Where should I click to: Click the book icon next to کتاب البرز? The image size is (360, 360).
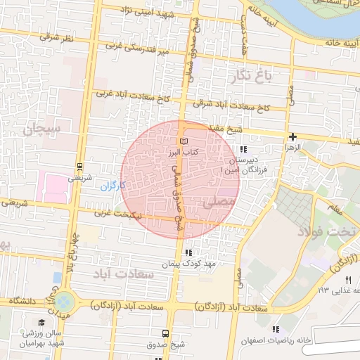click(184, 141)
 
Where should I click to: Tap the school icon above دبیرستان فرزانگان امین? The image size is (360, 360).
click(243, 149)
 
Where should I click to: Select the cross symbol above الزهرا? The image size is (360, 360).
click(292, 136)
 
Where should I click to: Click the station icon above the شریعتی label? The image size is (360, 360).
click(79, 167)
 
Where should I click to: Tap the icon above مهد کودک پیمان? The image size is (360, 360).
click(187, 252)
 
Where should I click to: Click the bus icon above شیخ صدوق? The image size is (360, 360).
click(165, 333)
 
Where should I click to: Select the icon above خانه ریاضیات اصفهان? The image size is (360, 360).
click(276, 328)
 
